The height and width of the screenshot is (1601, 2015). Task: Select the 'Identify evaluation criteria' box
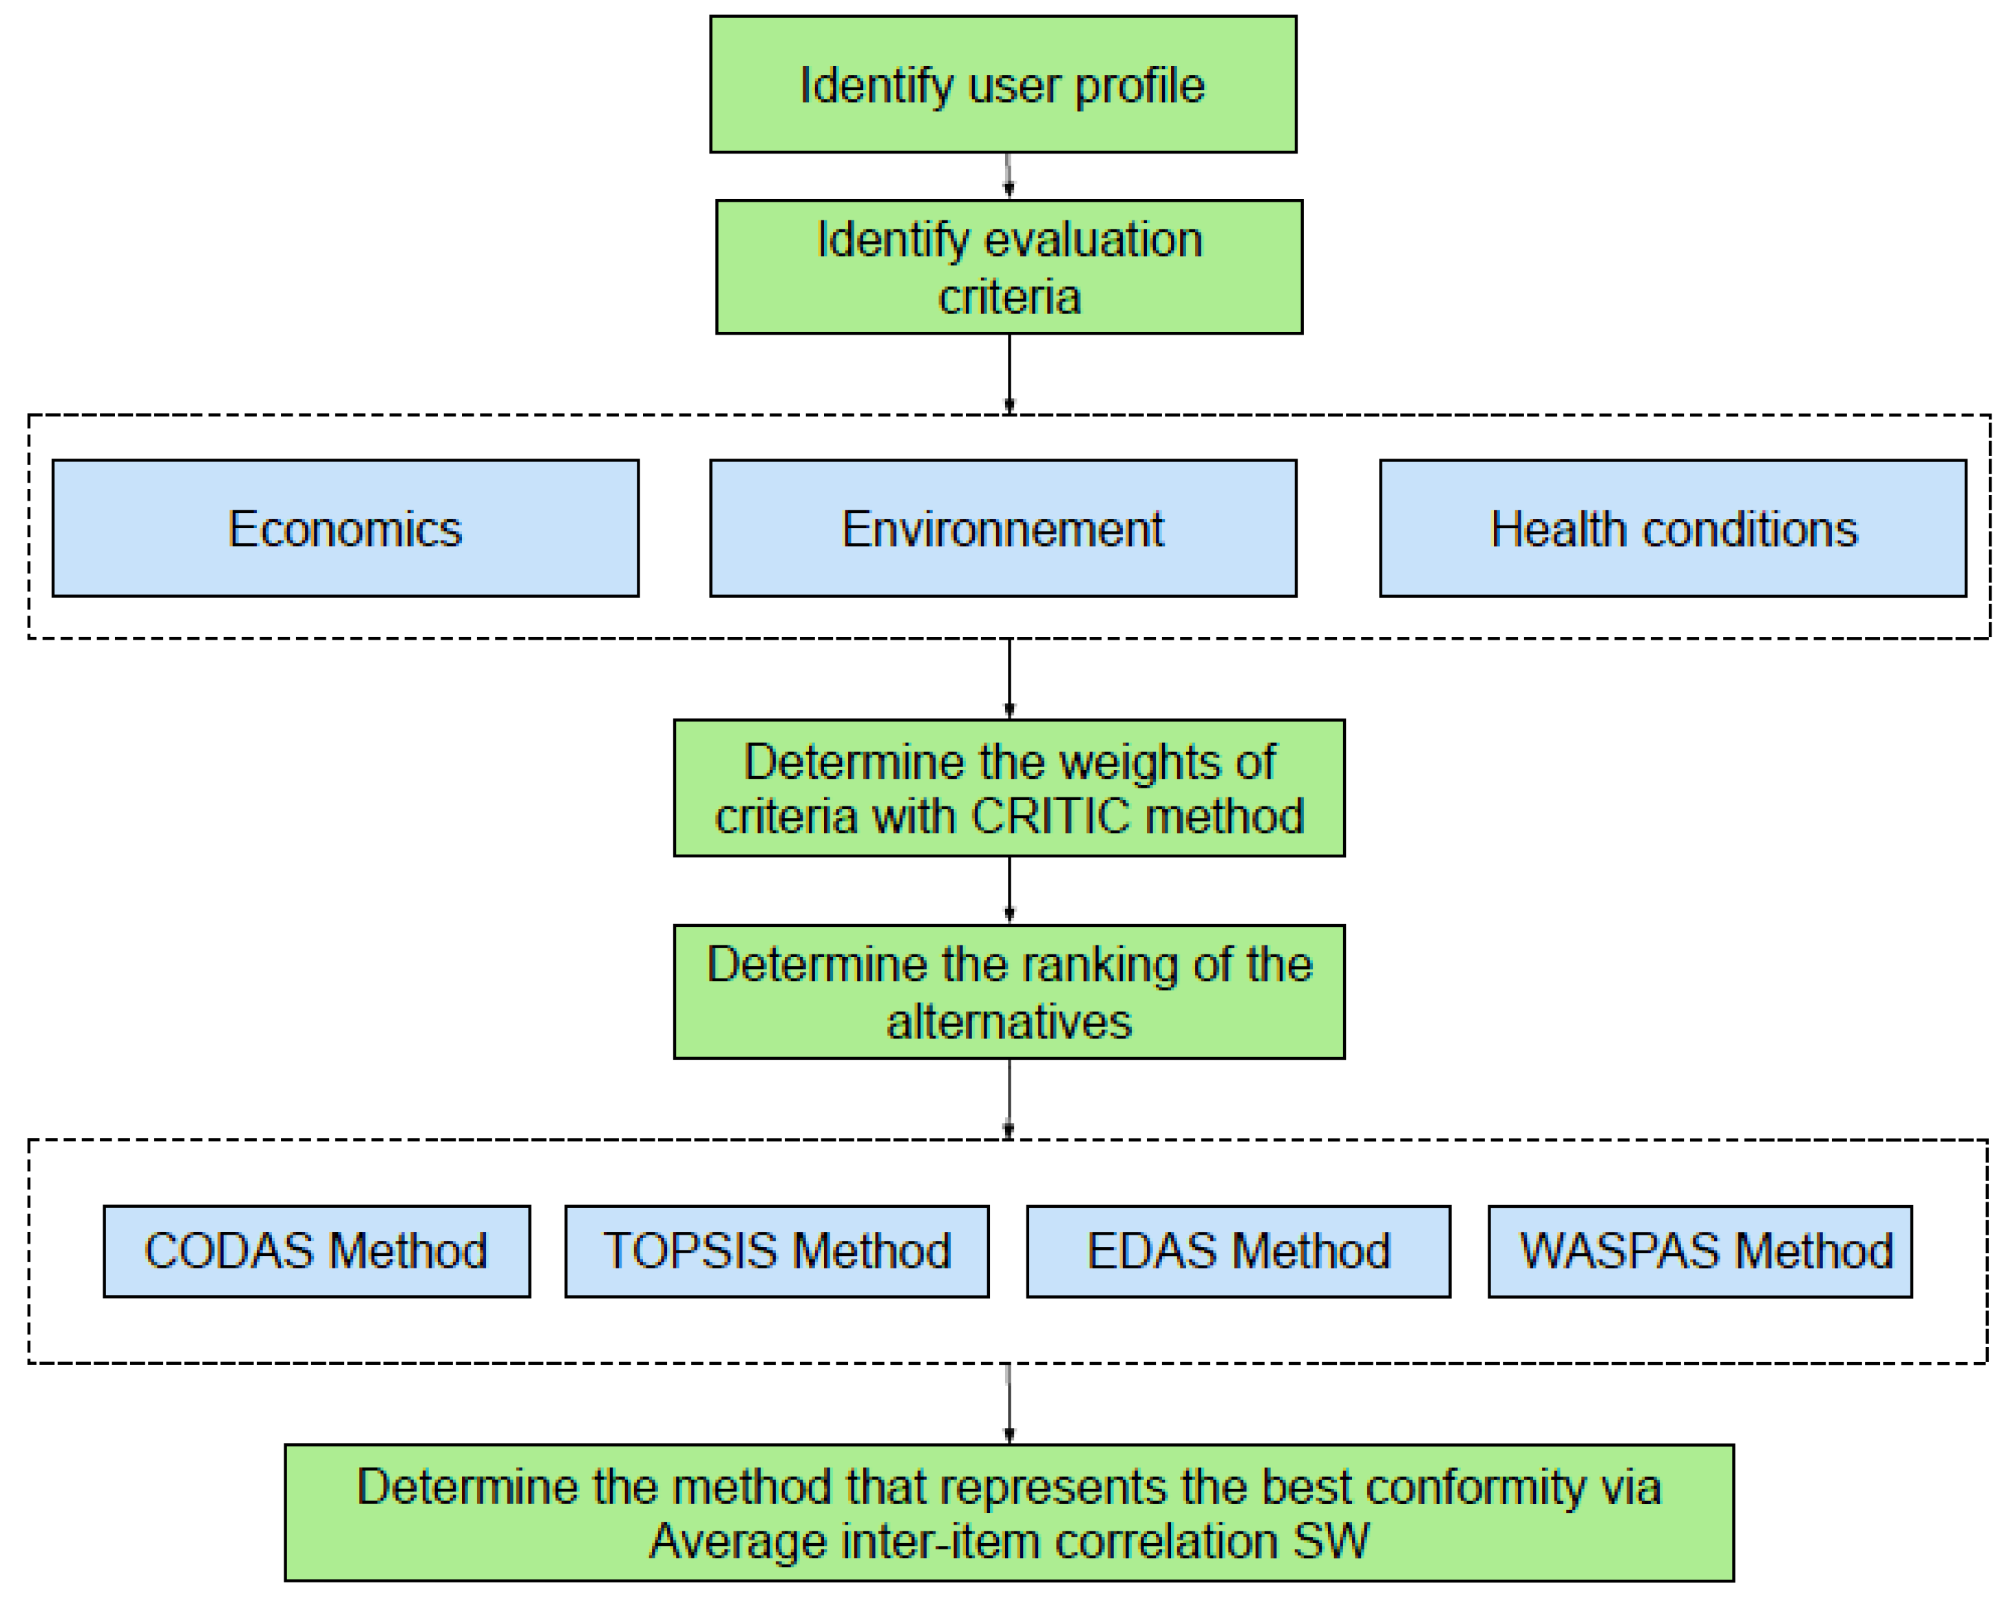pos(1009,266)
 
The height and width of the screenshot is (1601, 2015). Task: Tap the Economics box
pos(345,528)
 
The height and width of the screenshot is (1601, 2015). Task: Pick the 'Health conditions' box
pos(1672,528)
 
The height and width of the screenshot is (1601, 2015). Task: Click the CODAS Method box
pos(316,1251)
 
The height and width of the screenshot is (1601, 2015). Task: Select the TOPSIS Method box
pos(776,1251)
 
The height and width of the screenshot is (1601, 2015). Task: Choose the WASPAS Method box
pos(1699,1251)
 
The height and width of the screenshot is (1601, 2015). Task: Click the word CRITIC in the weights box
pos(1051,817)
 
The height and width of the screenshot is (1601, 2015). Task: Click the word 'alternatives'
pos(1009,1021)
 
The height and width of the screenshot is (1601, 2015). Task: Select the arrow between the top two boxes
pos(1008,176)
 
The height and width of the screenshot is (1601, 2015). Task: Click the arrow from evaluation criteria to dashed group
pos(1009,373)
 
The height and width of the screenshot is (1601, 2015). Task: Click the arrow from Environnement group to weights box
pos(1009,678)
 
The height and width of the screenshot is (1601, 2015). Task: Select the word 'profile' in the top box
pos(1139,86)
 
